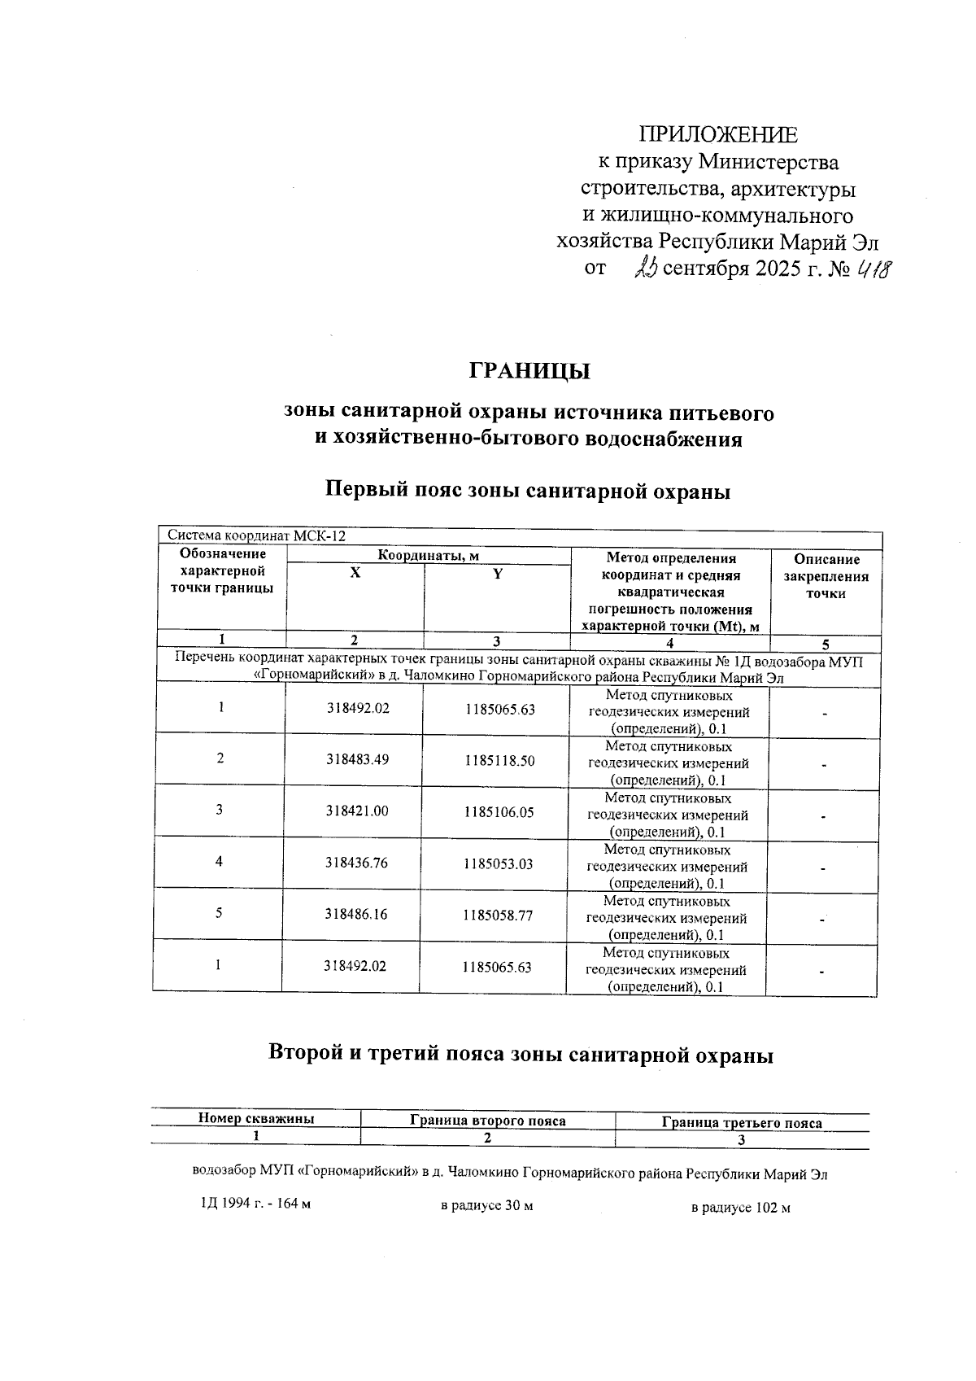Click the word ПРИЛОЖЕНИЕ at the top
[x=717, y=135]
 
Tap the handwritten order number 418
[x=873, y=269]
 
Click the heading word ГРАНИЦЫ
[x=529, y=371]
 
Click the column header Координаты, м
[x=428, y=555]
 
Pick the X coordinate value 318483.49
[x=357, y=759]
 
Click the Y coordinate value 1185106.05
[x=499, y=812]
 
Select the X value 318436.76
[x=356, y=863]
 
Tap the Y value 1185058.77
[x=498, y=915]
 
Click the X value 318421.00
[x=356, y=811]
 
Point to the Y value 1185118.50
[x=499, y=760]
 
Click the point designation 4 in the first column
[x=219, y=861]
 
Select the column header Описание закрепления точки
[x=826, y=576]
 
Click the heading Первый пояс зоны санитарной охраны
[x=528, y=491]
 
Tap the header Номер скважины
[x=256, y=1119]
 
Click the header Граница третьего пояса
[x=741, y=1123]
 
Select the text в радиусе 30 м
[x=486, y=1205]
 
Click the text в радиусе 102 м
[x=740, y=1208]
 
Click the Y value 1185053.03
[x=498, y=863]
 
